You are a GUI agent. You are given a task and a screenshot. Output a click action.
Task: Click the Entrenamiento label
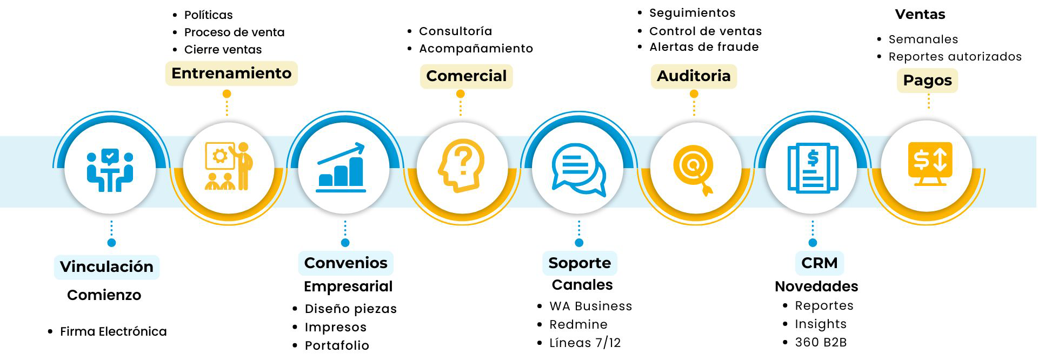(x=231, y=74)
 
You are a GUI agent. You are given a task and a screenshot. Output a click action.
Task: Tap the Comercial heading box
(x=466, y=76)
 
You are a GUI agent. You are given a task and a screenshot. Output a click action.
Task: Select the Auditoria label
(x=694, y=76)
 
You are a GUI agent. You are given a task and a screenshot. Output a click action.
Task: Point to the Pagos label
(x=927, y=81)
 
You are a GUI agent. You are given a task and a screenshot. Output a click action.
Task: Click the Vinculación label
(x=107, y=266)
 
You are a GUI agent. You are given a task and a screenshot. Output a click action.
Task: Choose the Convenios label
(x=345, y=263)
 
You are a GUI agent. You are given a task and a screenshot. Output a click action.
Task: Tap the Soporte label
(x=579, y=263)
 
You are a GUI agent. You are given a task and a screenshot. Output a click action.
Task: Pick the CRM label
(x=819, y=263)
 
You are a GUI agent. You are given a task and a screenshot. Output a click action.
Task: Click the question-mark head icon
(x=461, y=165)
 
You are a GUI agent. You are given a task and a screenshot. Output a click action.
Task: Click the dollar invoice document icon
(x=813, y=168)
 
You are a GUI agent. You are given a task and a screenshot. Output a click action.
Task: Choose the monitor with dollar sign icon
(x=929, y=163)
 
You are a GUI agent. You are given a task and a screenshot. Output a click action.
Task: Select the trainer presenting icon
(x=229, y=166)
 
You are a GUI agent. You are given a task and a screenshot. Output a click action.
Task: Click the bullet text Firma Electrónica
(x=113, y=332)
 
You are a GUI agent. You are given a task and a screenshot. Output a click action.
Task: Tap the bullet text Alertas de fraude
(x=703, y=47)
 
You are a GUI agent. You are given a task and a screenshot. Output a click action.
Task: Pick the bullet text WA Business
(x=590, y=306)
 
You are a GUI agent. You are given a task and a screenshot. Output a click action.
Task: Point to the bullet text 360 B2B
(x=821, y=343)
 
